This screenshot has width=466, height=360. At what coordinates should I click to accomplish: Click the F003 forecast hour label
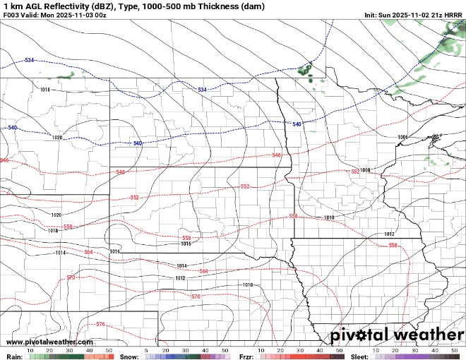point(12,15)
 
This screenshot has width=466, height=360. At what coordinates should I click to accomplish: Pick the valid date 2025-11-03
point(71,15)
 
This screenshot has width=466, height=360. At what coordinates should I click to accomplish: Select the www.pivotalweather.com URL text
point(41,342)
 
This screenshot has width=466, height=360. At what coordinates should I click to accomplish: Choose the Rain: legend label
point(13,357)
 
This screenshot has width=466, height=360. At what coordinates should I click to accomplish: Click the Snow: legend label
point(129,357)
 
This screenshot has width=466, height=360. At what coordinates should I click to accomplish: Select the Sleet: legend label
point(360,357)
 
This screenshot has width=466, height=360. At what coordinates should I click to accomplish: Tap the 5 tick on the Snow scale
point(146,350)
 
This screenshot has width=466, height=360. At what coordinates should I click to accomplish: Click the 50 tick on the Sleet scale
point(455,350)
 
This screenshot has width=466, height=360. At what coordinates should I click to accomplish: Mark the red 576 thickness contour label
point(100,324)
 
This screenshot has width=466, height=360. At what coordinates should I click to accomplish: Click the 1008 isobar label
point(365,170)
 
